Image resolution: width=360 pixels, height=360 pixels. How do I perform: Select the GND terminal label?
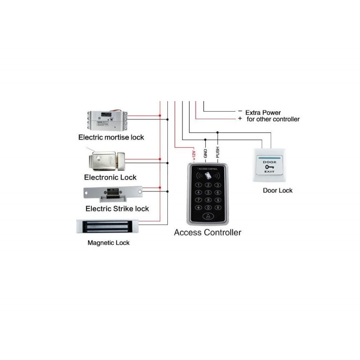coord(205,153)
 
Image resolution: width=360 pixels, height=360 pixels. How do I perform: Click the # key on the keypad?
coord(217,207)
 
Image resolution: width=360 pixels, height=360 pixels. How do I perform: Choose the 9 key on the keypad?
coord(217,200)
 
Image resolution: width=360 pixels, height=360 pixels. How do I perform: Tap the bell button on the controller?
coord(208,216)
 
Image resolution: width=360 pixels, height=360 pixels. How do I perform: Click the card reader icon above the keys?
coord(208,176)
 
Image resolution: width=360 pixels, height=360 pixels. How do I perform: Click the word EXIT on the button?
coord(270,172)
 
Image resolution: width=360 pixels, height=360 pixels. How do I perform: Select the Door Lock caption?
coord(278,190)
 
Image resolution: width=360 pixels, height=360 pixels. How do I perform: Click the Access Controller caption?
coord(207,233)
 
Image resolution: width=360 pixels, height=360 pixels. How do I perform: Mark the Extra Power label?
coord(263,112)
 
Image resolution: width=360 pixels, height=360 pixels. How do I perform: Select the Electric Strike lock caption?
coord(117,209)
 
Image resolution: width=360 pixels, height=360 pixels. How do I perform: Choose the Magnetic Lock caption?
coord(108,243)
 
